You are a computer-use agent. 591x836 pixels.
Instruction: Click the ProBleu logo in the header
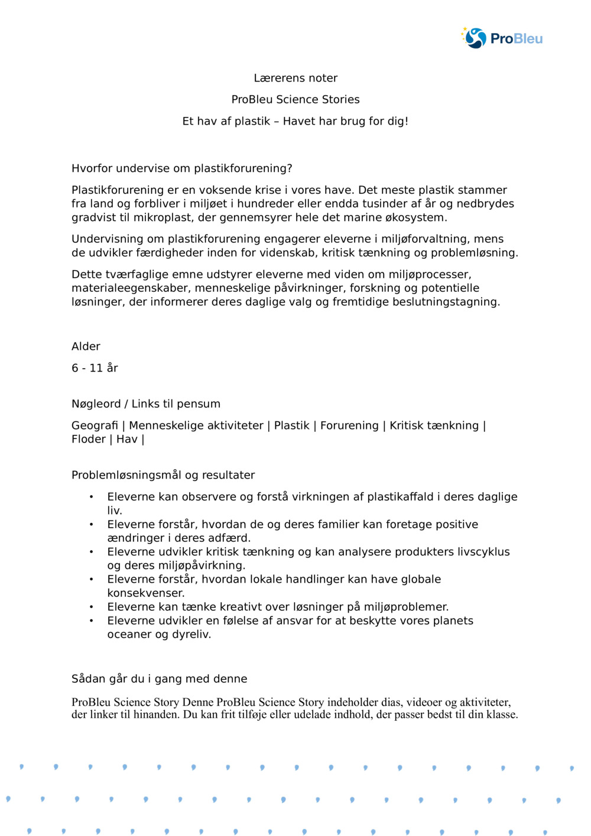coord(502,38)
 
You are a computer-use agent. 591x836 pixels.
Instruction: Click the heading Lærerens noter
coord(295,78)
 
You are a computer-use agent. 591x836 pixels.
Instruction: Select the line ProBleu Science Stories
coord(295,99)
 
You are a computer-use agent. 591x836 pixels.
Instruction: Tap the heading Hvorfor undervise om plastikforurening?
coord(182,168)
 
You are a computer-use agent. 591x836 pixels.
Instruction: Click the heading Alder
coord(86,346)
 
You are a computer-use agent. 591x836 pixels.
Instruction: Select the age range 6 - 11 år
coord(95,368)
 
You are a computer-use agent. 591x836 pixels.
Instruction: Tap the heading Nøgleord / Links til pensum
coord(146,404)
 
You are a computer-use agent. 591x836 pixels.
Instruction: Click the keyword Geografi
coord(95,425)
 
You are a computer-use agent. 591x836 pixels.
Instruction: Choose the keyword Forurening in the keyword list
coord(349,425)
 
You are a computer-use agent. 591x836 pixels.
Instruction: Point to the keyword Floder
coord(88,439)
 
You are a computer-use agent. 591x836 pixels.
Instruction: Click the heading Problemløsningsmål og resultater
coord(163,475)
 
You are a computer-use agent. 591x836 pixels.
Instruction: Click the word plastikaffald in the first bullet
coord(400,497)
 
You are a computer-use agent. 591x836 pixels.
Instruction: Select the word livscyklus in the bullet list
coord(482,552)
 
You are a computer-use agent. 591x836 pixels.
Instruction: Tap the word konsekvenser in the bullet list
coord(145,593)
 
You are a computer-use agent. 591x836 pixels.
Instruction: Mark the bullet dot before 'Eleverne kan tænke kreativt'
coord(91,607)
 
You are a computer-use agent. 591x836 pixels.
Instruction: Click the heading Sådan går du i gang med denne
coord(160,679)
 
